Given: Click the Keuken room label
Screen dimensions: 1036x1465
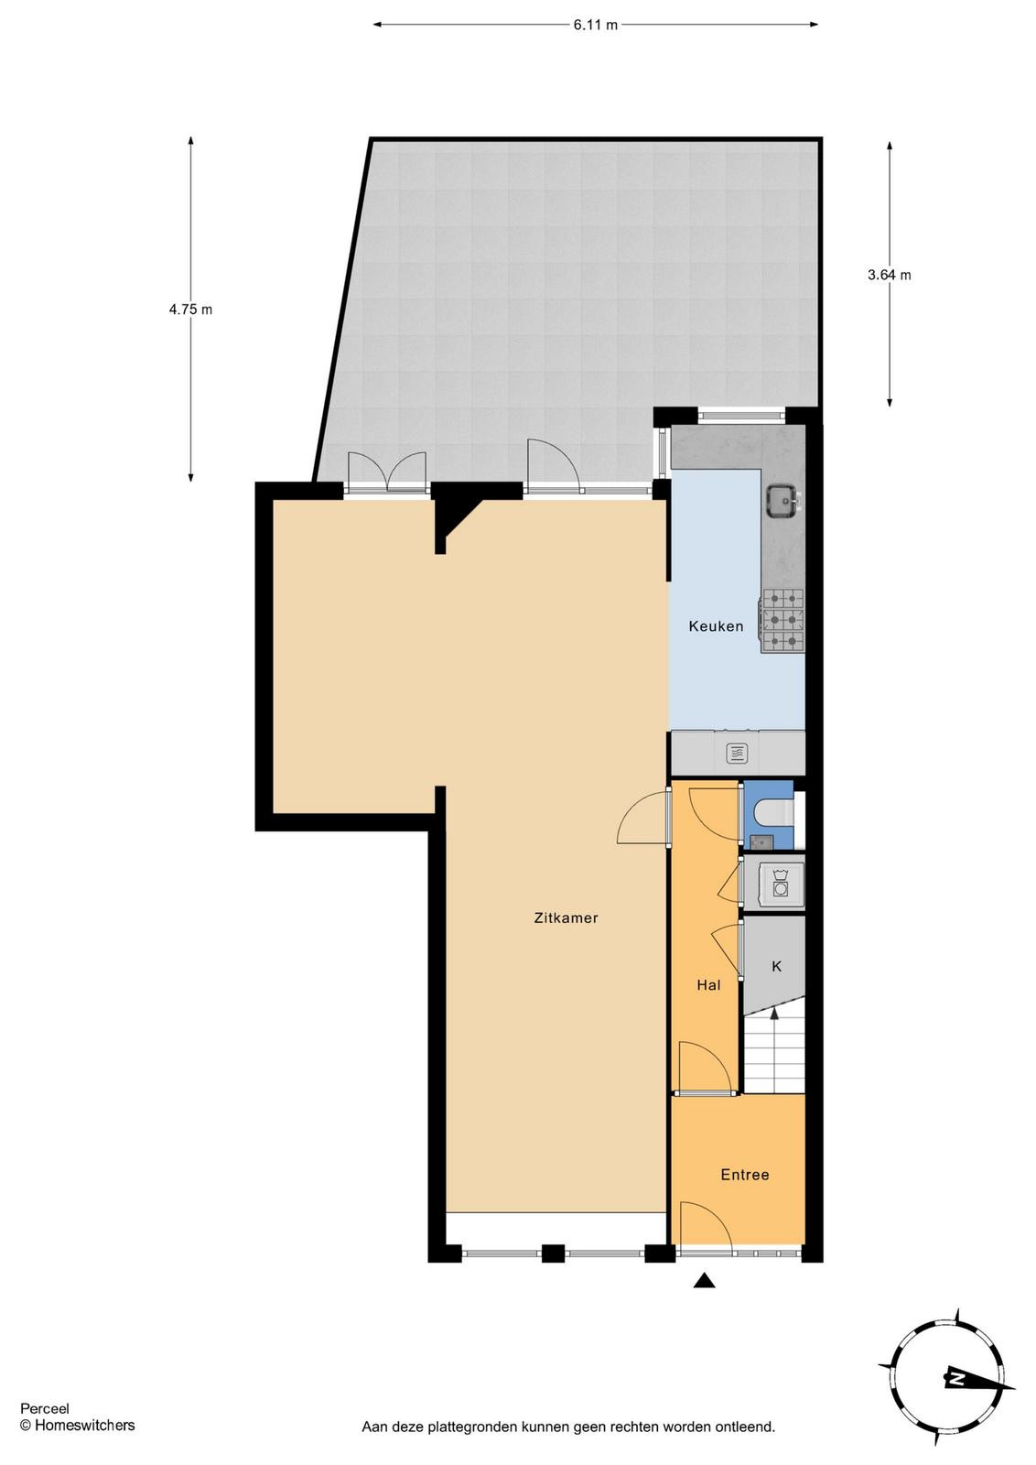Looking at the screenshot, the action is pos(716,626).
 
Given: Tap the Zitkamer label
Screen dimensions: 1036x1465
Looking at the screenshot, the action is pos(566,917).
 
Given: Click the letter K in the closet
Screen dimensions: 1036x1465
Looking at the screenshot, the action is pos(776,966).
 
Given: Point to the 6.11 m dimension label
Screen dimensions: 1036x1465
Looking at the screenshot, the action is pos(595,25).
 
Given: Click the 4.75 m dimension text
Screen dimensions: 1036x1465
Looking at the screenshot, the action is pos(190,309).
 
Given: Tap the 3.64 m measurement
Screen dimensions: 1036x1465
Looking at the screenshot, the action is pos(889,275).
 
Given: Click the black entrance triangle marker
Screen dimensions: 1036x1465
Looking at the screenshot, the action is pos(704,1281).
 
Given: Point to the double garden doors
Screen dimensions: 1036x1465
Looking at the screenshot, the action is pos(388,471).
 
